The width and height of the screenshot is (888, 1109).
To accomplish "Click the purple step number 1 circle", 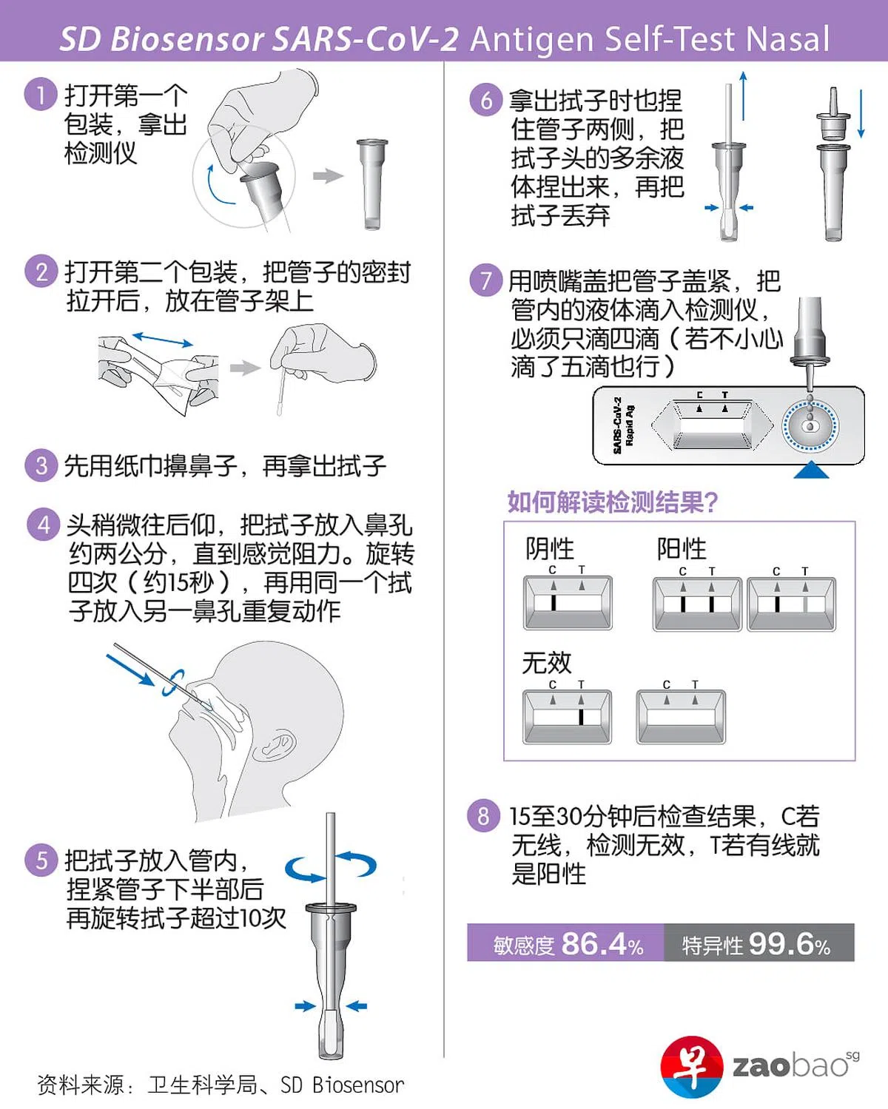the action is point(40,94).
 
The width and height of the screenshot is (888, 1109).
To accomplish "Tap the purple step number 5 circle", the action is point(41,860).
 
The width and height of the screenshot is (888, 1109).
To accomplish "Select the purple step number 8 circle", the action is point(483,816).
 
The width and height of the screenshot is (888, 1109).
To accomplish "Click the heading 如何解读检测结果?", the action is point(612,502).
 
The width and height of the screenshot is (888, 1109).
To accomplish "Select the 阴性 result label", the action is point(549,548).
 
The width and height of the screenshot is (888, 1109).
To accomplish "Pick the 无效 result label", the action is point(547,663).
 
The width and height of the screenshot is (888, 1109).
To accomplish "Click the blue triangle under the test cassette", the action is point(811,470).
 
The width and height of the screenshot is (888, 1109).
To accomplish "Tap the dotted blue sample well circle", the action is point(810,426).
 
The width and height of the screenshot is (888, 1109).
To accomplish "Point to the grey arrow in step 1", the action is point(328,176).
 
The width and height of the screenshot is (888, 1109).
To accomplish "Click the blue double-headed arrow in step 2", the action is point(163,339).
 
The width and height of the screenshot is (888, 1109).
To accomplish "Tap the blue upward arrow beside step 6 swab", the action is point(743,96).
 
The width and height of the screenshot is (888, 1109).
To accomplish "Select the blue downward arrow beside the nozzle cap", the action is point(861,113).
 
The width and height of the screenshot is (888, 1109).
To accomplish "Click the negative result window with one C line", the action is point(568,603).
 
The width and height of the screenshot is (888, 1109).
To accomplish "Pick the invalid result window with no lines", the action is point(681,717).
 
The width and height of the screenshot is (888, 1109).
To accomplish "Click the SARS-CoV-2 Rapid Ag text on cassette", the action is point(622,425).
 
